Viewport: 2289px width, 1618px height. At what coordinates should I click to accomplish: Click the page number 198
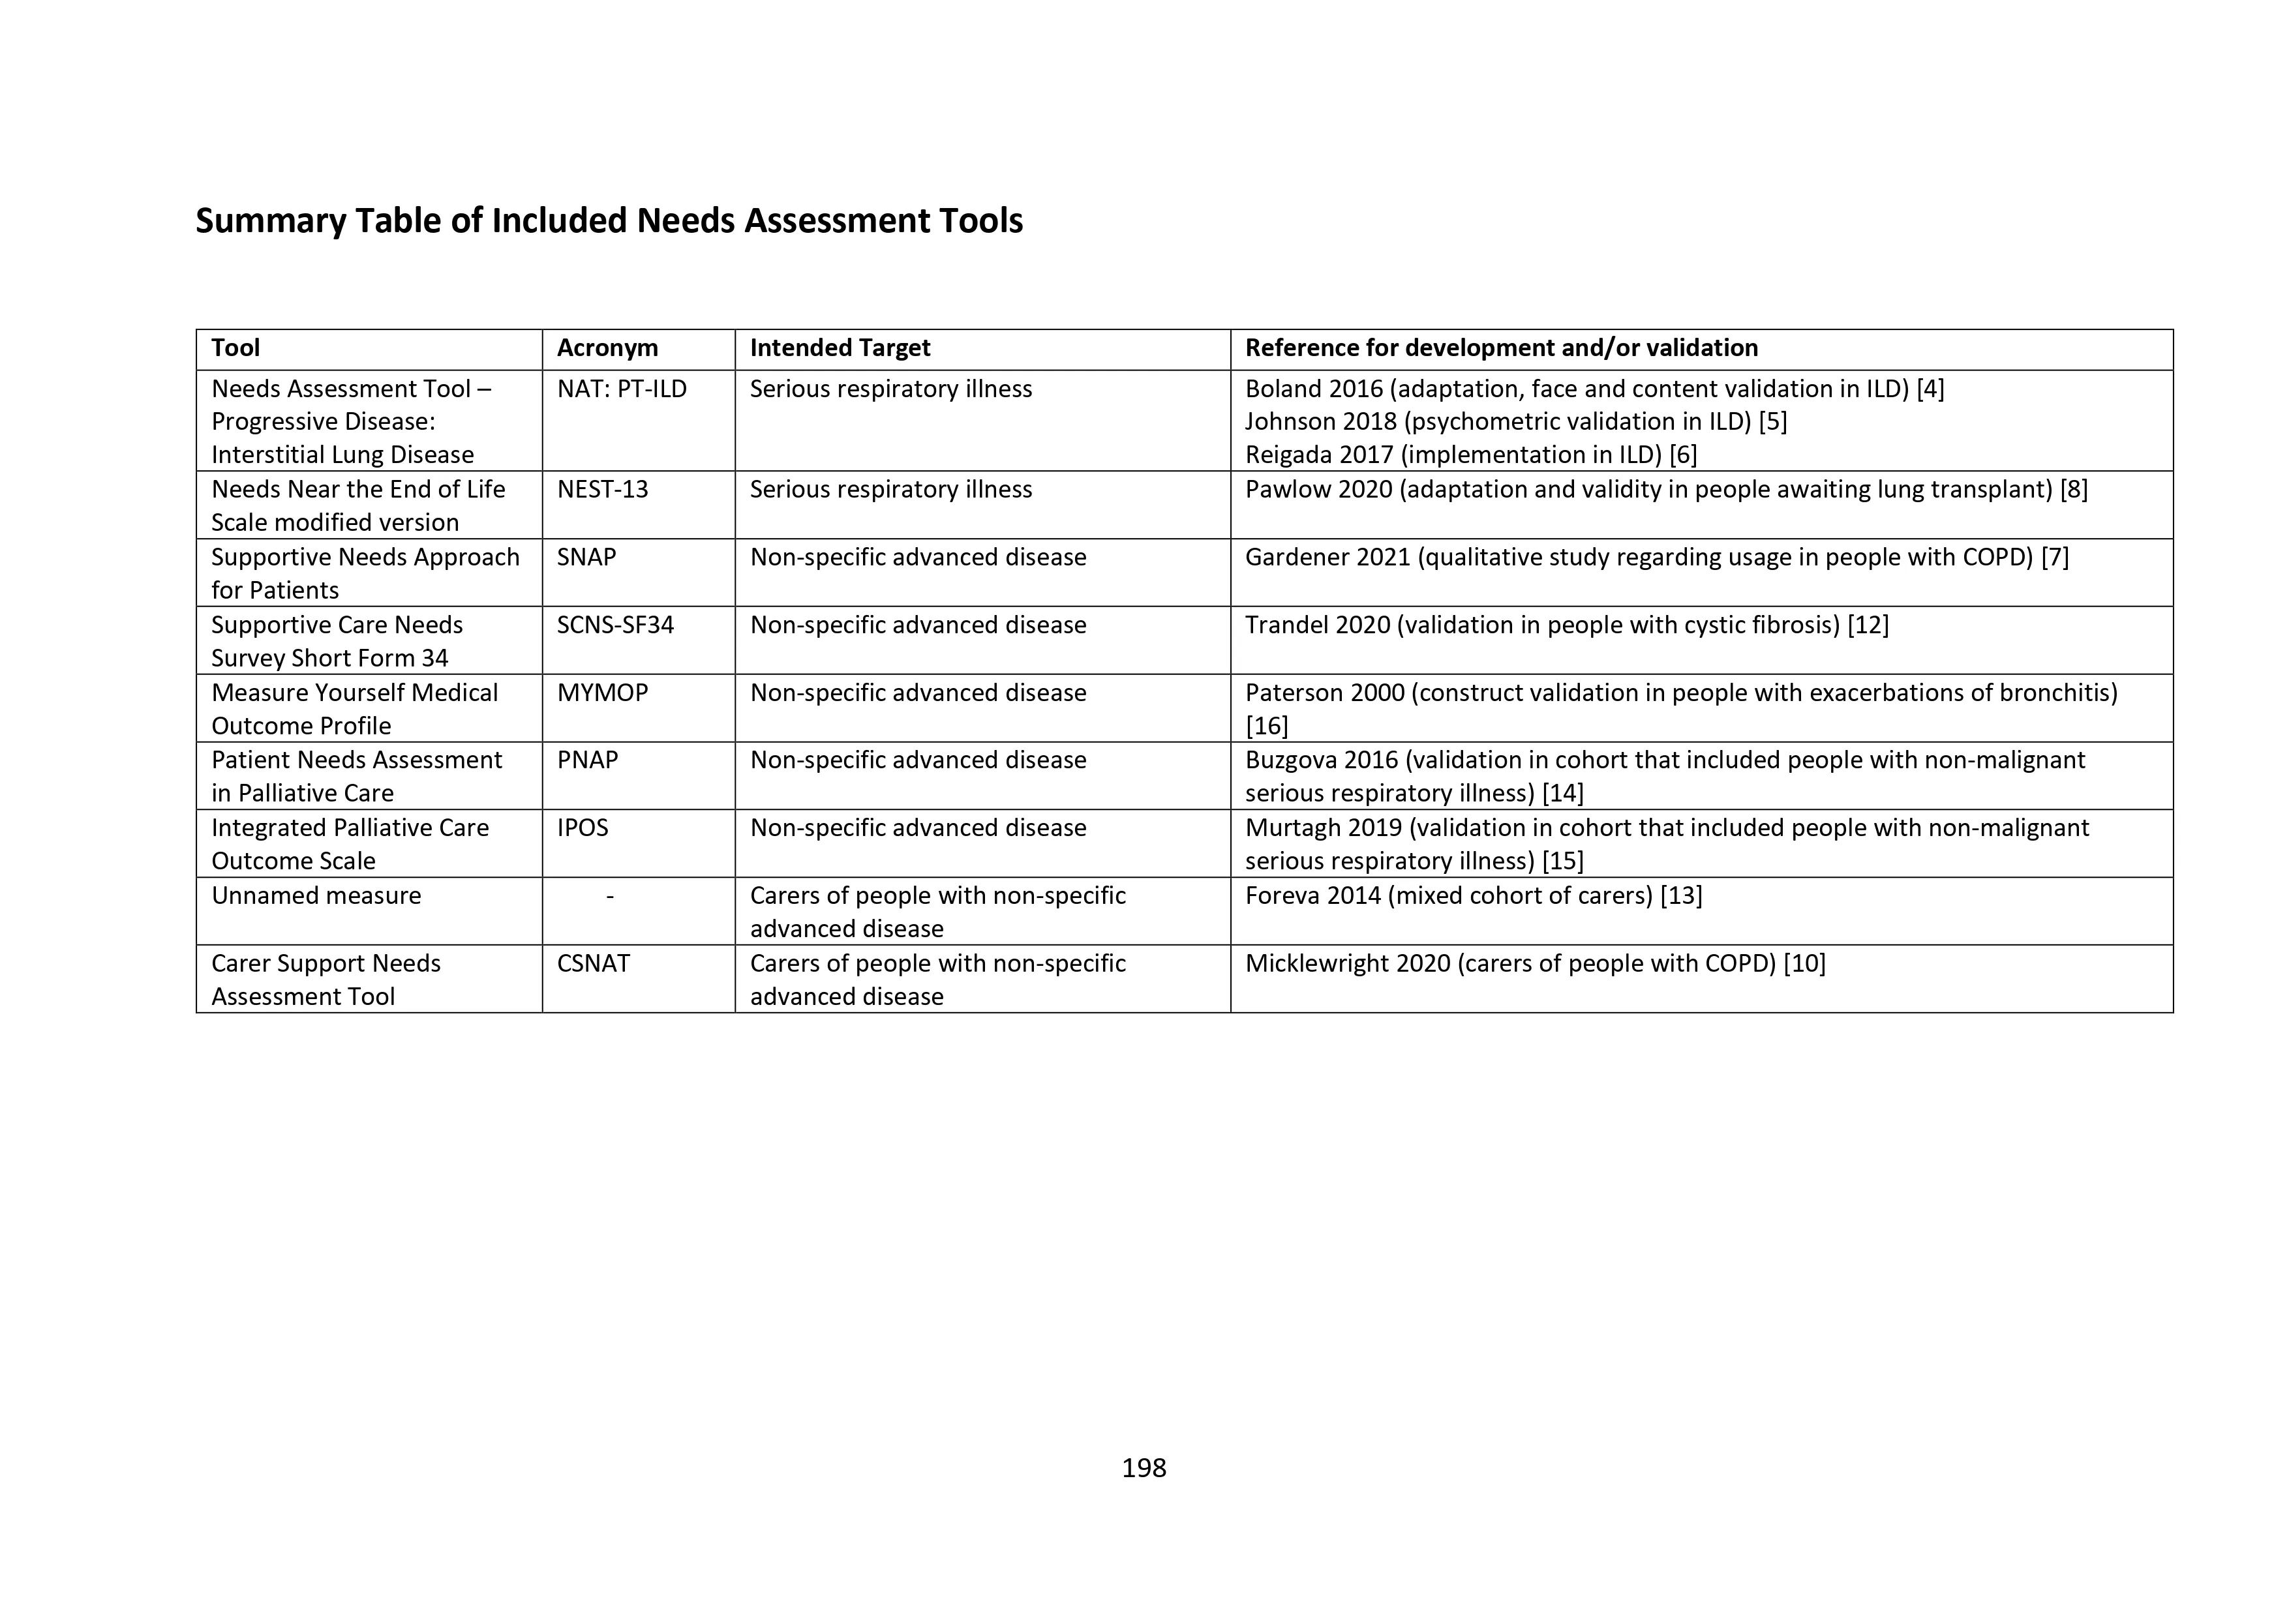[x=1144, y=1467]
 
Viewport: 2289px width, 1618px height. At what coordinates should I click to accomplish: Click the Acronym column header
[x=607, y=348]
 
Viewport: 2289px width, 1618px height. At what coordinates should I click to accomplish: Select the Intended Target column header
[x=840, y=348]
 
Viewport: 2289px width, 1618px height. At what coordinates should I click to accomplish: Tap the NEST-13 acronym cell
[x=602, y=490]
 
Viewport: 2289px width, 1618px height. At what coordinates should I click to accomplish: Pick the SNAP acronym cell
[x=586, y=558]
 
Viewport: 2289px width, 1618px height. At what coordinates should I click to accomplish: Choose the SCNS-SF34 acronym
[x=615, y=625]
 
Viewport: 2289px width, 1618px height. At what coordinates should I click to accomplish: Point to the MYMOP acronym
[x=602, y=693]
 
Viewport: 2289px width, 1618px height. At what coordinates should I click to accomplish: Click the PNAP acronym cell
[x=587, y=760]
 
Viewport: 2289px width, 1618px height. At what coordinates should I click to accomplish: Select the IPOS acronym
[x=583, y=828]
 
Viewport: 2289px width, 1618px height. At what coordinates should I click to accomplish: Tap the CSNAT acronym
[x=593, y=963]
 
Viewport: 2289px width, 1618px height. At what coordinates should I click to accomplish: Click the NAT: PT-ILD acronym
[x=622, y=389]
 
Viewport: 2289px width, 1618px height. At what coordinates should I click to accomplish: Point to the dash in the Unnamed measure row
[x=609, y=896]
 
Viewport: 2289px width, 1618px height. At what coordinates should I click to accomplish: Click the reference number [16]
[x=1266, y=726]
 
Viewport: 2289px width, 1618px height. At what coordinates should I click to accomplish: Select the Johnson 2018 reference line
[x=1515, y=422]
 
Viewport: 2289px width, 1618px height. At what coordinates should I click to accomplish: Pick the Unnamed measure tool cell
[x=316, y=896]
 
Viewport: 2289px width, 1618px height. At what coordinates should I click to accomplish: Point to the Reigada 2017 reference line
[x=1470, y=455]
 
